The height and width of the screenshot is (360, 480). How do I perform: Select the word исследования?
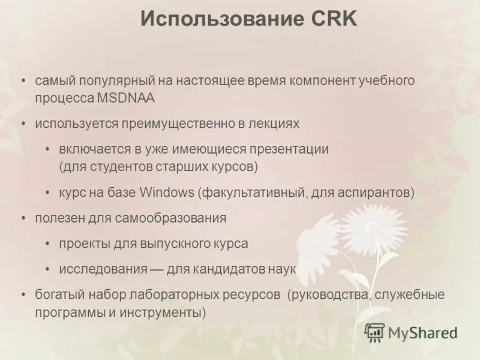click(103, 269)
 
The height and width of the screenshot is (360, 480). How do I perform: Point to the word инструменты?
click(167, 313)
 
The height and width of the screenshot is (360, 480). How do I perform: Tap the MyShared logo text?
click(422, 334)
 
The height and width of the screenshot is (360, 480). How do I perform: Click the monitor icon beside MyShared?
click(374, 332)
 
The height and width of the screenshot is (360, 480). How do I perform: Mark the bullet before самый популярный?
click(23, 80)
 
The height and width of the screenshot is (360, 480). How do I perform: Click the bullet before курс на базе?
click(47, 193)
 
